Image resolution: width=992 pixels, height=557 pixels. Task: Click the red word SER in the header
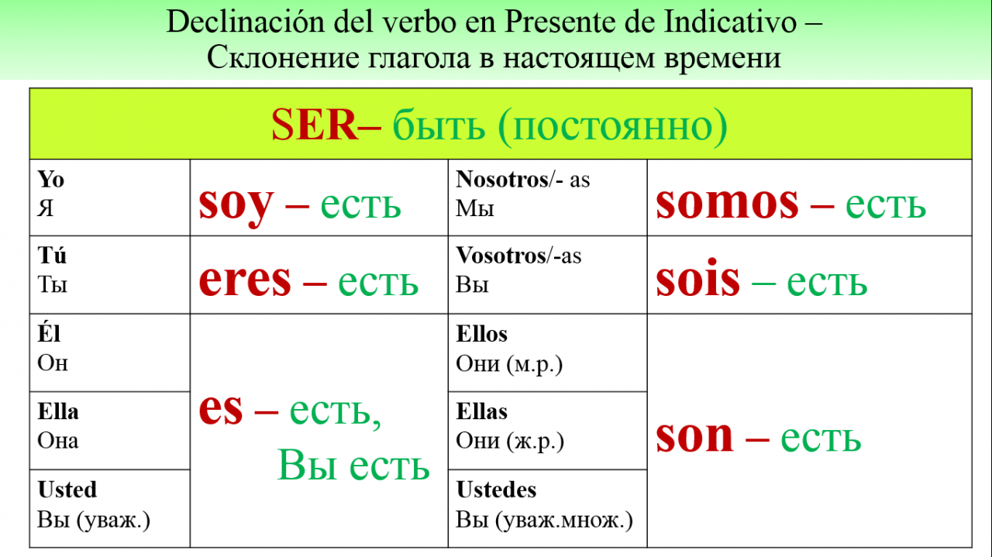(x=315, y=125)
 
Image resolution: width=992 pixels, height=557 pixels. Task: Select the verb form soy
(x=236, y=205)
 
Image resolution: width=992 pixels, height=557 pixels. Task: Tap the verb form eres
(x=245, y=280)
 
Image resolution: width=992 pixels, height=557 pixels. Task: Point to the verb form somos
(x=727, y=203)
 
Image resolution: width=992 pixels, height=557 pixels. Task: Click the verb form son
(x=694, y=435)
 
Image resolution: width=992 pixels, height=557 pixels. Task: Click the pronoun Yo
(x=51, y=180)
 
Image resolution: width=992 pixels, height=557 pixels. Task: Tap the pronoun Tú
(x=52, y=255)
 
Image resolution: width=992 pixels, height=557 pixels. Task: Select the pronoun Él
(x=49, y=333)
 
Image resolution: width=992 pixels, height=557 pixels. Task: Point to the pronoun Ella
(x=58, y=412)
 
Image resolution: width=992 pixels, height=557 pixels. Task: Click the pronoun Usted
(x=67, y=490)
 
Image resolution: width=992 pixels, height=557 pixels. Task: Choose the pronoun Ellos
(x=482, y=334)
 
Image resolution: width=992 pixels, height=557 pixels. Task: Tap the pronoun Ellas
(x=482, y=412)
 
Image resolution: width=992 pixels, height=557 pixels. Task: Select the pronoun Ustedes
(x=497, y=490)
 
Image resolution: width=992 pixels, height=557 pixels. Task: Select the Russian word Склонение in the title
(x=283, y=57)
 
